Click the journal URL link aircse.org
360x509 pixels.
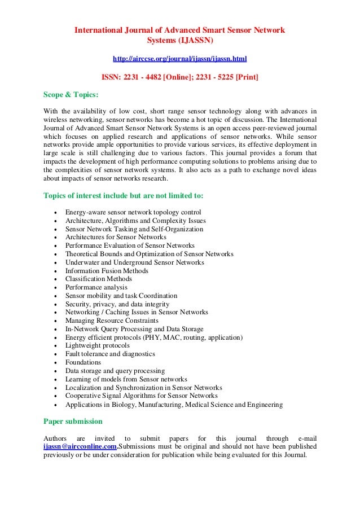179,58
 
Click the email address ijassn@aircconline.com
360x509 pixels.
80,446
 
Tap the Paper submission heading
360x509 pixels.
73,421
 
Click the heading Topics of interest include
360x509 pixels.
124,196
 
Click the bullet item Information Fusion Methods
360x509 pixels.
107,271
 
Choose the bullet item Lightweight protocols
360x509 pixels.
97,345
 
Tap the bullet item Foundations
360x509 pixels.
83,362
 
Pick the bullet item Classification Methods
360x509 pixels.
98,279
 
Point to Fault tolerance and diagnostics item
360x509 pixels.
110,354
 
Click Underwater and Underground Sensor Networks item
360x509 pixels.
134,262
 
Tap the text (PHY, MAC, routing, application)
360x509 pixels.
195,337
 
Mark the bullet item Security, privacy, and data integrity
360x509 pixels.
117,304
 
